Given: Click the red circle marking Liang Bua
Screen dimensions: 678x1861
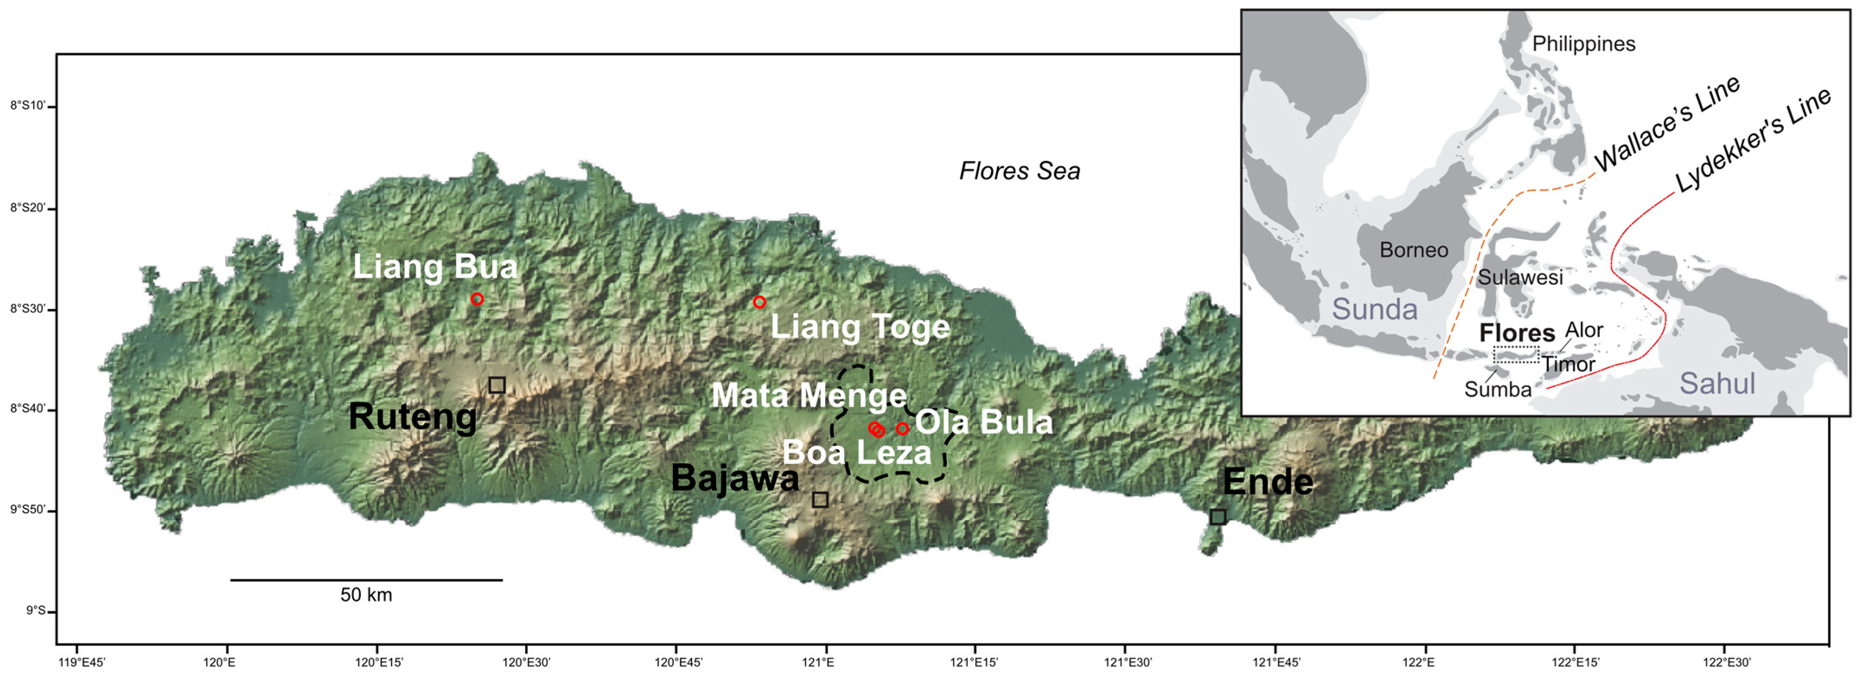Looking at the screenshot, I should [477, 299].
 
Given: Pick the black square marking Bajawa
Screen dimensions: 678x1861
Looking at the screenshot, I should [820, 500].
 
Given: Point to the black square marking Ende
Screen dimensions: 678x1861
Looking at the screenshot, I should [1218, 516].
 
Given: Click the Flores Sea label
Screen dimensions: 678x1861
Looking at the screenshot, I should [1020, 171].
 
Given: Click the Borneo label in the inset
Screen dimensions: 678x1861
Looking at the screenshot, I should [1414, 250].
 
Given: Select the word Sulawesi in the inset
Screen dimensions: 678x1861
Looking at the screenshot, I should [1520, 277].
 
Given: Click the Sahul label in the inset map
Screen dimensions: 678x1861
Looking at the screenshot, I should [1717, 383].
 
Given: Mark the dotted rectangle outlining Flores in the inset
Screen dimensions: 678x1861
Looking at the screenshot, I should [1517, 354].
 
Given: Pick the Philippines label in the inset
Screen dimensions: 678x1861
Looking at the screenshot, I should [1584, 44].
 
